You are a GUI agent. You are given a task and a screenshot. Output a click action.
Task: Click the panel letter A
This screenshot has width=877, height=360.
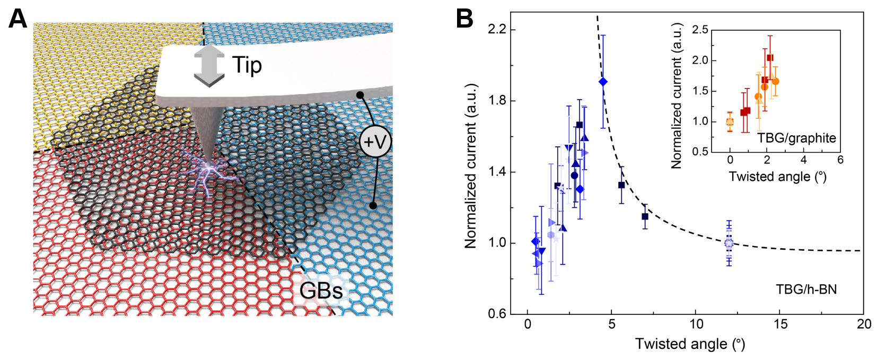(x=18, y=20)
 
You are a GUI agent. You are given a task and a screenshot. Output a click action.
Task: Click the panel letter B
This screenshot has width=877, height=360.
(x=464, y=20)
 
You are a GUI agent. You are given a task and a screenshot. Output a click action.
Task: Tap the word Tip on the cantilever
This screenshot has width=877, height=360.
(x=247, y=65)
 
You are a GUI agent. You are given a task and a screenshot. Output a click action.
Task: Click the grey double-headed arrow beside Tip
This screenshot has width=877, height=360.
(x=209, y=65)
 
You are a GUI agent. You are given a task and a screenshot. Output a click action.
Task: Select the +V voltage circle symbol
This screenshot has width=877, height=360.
(x=375, y=142)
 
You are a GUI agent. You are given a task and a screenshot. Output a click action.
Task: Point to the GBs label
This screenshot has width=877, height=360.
(x=321, y=291)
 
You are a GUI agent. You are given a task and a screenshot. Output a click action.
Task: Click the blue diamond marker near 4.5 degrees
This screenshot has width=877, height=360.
(x=603, y=82)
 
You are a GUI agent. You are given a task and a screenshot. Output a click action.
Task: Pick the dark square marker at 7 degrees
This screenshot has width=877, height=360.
(x=645, y=216)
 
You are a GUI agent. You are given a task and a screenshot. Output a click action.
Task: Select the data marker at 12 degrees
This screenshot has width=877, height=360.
(x=729, y=243)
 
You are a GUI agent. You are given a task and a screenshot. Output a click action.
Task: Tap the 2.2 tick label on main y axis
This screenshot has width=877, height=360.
(x=497, y=29)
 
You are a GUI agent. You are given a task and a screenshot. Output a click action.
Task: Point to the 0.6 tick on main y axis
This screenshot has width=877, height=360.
(x=497, y=314)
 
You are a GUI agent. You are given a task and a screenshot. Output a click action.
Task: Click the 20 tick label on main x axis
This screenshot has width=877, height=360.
(x=864, y=324)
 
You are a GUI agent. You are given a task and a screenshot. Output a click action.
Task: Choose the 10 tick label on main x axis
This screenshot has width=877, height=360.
(x=696, y=324)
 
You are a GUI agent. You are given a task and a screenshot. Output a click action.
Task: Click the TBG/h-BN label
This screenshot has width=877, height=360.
(x=806, y=289)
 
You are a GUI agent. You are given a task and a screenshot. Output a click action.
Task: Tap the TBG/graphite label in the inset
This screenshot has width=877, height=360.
(x=796, y=138)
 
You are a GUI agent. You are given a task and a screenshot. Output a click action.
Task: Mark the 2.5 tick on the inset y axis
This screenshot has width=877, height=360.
(x=700, y=30)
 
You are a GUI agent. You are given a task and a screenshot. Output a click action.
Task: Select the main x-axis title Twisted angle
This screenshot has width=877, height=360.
(x=690, y=344)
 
